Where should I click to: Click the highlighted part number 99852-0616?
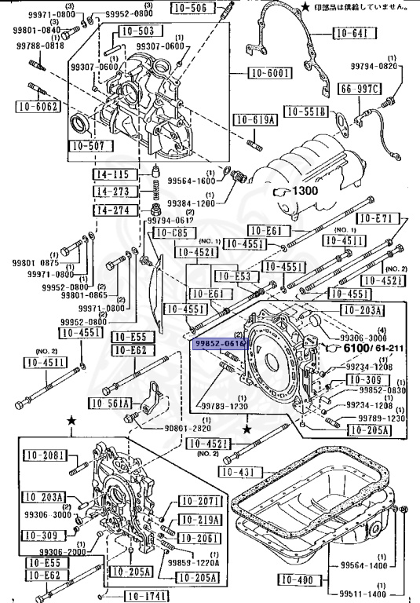[x=221, y=343]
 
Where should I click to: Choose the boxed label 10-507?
[x=87, y=146]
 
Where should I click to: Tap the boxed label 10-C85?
[x=172, y=233]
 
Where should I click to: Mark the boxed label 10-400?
[x=298, y=580]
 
